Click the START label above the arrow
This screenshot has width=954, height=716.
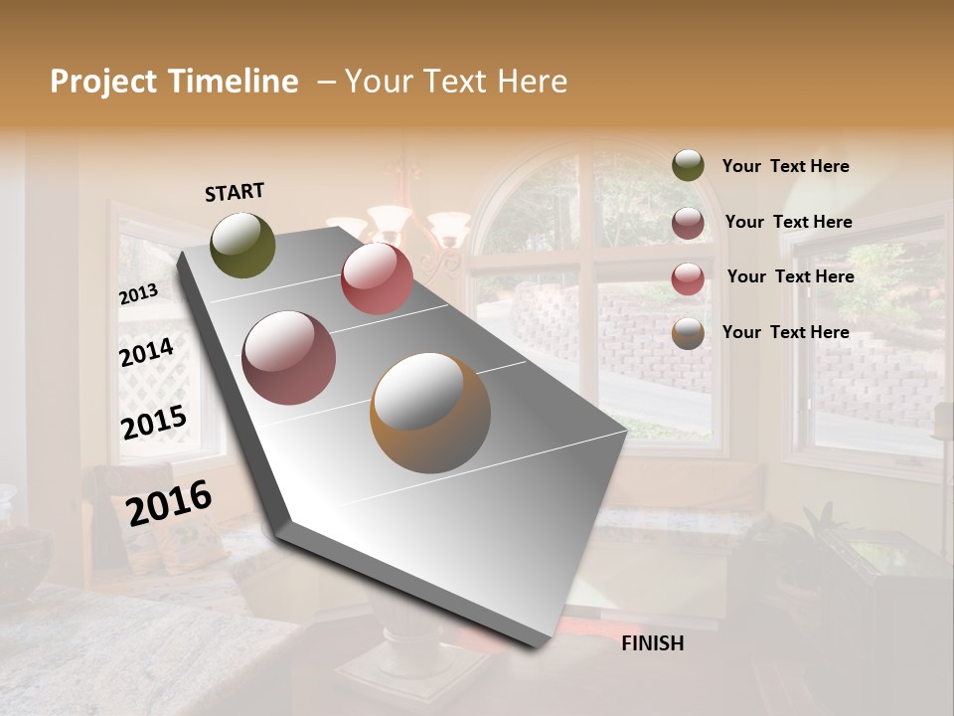[x=235, y=192]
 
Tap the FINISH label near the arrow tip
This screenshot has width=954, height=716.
[x=652, y=643]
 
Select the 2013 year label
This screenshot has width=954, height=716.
[x=138, y=294]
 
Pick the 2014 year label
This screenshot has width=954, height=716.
[x=146, y=353]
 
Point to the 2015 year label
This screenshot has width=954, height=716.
[x=154, y=423]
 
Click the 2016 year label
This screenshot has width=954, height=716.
[x=169, y=503]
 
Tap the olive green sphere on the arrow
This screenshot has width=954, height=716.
[x=242, y=245]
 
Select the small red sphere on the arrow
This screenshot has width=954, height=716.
[x=377, y=278]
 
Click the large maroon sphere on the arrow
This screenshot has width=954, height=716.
[x=288, y=358]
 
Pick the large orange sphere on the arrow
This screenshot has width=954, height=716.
[x=429, y=413]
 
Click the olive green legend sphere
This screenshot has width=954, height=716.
[x=688, y=166]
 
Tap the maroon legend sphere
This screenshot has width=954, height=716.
[x=688, y=223]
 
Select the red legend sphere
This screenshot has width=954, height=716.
[x=688, y=278]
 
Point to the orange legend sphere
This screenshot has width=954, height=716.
[x=688, y=334]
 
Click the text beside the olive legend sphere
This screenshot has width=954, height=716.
[x=785, y=166]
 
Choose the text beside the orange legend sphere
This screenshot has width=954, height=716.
[x=785, y=332]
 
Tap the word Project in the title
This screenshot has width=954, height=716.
[x=102, y=82]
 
